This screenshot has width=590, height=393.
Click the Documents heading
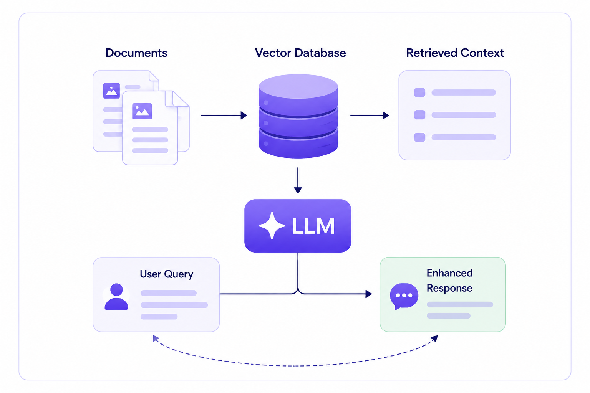tap(136, 53)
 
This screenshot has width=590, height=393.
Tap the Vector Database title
tap(300, 53)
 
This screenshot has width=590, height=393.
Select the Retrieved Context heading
tap(455, 53)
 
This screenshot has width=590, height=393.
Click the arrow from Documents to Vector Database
tap(224, 115)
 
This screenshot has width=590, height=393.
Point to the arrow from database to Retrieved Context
tap(370, 115)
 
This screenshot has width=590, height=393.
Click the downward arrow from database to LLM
tap(298, 180)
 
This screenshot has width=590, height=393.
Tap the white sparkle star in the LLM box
tap(272, 226)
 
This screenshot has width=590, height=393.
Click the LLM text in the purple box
tap(313, 226)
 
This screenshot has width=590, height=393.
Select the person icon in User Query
tap(116, 296)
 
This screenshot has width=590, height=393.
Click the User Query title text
tap(166, 274)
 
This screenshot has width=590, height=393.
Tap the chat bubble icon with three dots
tap(404, 296)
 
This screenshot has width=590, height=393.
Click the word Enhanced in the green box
tap(450, 273)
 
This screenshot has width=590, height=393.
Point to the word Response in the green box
tap(449, 288)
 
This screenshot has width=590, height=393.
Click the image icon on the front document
tap(142, 111)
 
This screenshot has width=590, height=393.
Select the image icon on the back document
tap(111, 91)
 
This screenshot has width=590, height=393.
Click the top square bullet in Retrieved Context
tap(419, 92)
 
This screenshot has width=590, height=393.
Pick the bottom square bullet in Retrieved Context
tap(419, 137)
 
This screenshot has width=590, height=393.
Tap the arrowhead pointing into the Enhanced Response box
tap(369, 294)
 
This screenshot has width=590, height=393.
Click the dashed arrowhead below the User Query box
tap(156, 339)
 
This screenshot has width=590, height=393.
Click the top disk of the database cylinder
tap(298, 87)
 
